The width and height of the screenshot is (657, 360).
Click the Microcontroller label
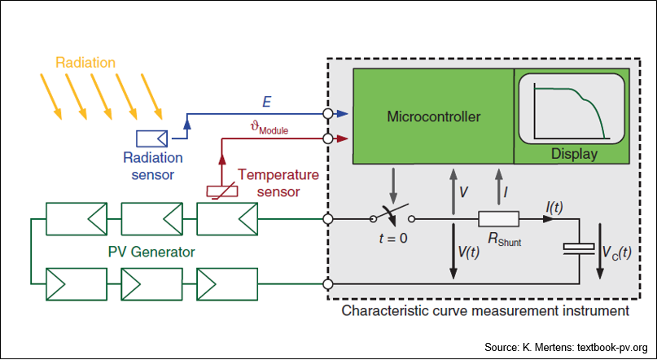pos(434,116)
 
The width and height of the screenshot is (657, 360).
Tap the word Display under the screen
pos(574,154)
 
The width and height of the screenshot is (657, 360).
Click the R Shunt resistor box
pos(498,219)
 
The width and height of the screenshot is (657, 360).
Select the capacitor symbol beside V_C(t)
pos(579,248)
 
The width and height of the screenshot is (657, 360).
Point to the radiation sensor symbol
pos(151,138)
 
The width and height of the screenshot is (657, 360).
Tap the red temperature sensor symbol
pos(222,191)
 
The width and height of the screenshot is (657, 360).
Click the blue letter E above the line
pos(266,103)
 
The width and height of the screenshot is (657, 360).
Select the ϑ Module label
pos(269,129)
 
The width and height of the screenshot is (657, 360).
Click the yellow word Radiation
pos(85,63)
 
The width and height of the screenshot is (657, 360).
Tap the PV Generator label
pos(151,252)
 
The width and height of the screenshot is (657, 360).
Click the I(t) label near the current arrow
pos(554,208)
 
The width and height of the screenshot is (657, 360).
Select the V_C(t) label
pos(617,252)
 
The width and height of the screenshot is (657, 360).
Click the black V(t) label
pos(469,252)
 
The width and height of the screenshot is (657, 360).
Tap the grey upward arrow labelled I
pos(498,187)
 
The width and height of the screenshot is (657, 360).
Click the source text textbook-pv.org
pos(612,348)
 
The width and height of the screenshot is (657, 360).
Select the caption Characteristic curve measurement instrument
pos(485,311)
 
